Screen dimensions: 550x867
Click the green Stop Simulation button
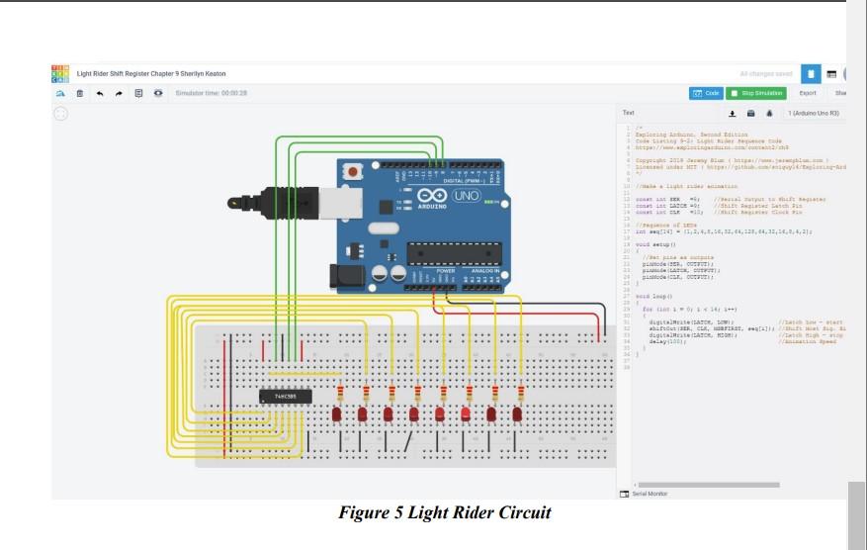pyautogui.click(x=757, y=93)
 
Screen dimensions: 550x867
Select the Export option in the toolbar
pyautogui.click(x=808, y=93)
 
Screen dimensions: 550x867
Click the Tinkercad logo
pyautogui.click(x=60, y=73)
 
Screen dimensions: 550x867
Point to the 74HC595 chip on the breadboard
pyautogui.click(x=287, y=397)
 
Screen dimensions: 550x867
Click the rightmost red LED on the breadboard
pyautogui.click(x=517, y=412)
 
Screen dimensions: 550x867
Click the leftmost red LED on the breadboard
pyautogui.click(x=337, y=412)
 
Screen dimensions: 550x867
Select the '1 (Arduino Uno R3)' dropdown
pyautogui.click(x=813, y=114)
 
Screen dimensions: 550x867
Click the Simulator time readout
pyautogui.click(x=211, y=93)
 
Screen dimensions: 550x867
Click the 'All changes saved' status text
pyautogui.click(x=765, y=73)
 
